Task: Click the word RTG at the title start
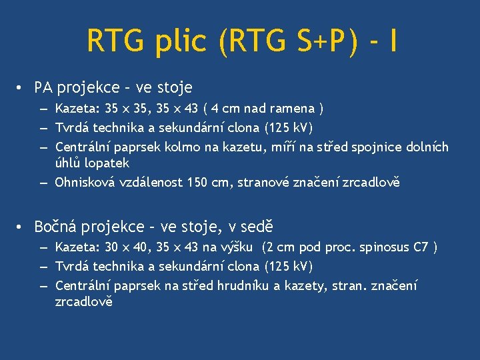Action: (x=114, y=41)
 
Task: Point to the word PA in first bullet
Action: (x=43, y=87)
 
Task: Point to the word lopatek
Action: (x=109, y=163)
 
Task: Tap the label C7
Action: (x=421, y=248)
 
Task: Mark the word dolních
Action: (x=427, y=147)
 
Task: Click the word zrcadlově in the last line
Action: (x=84, y=302)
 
